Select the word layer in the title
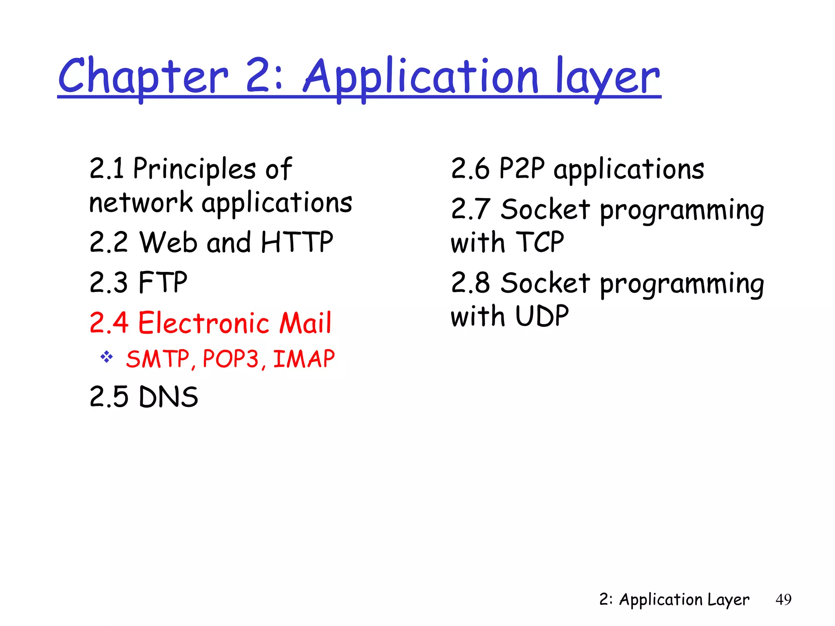click(x=607, y=76)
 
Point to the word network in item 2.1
click(x=141, y=203)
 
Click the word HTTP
click(x=297, y=242)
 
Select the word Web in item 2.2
click(x=168, y=242)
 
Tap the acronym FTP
click(x=163, y=282)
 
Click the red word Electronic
click(x=203, y=323)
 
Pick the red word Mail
click(x=305, y=323)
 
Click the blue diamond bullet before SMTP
click(x=107, y=357)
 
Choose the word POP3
click(x=231, y=359)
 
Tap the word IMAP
click(x=304, y=359)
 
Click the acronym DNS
click(x=168, y=397)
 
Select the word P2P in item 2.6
click(x=521, y=168)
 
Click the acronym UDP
click(x=542, y=316)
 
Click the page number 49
click(x=783, y=600)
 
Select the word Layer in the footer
click(x=728, y=600)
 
